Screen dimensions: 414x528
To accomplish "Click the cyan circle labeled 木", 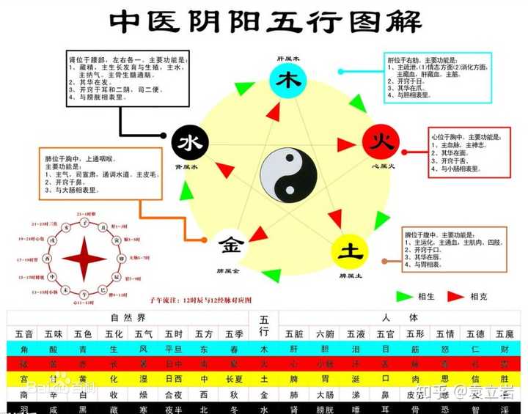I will [283, 81].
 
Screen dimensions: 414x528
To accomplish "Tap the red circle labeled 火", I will [380, 141].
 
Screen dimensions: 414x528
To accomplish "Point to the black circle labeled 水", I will [190, 141].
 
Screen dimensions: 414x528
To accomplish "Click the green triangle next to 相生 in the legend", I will [404, 296].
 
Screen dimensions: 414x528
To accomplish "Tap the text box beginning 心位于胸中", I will [464, 153].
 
